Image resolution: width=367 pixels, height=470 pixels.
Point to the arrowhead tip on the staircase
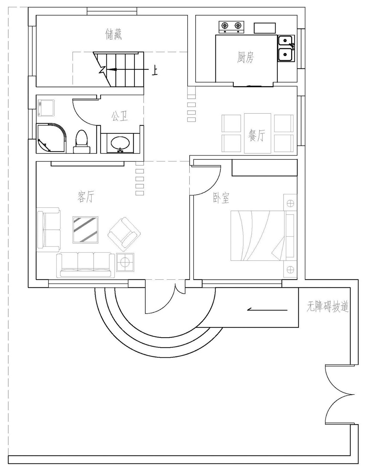pyautogui.click(x=107, y=69)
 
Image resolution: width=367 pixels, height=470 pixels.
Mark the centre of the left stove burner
pyautogui.click(x=225, y=26)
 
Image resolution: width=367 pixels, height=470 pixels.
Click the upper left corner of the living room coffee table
pyautogui.click(x=73, y=217)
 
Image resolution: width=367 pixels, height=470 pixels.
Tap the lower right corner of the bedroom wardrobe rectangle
pyautogui.click(x=297, y=176)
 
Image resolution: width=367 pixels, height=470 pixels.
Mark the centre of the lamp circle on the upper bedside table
pyautogui.click(x=290, y=203)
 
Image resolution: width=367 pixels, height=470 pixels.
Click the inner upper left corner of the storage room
pyautogui.click(x=36, y=15)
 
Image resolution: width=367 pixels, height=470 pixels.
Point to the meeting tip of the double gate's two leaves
pyautogui.click(x=354, y=394)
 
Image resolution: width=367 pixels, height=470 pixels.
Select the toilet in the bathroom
pyautogui.click(x=82, y=142)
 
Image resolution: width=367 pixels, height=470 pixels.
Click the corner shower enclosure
pyautogui.click(x=51, y=137)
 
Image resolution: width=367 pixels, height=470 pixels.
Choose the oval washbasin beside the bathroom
pyautogui.click(x=120, y=143)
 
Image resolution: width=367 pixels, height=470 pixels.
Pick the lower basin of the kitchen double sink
pyautogui.click(x=285, y=55)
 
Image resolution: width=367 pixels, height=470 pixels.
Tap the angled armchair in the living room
pyautogui.click(x=124, y=234)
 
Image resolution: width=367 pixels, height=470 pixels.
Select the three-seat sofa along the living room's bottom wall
pyautogui.click(x=85, y=265)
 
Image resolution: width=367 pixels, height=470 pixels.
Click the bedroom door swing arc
pyautogui.click(x=206, y=180)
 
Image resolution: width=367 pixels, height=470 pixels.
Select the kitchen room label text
pyautogui.click(x=245, y=57)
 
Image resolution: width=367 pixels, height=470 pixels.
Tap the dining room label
pyautogui.click(x=257, y=135)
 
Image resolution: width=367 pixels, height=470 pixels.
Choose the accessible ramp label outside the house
pyautogui.click(x=328, y=306)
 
